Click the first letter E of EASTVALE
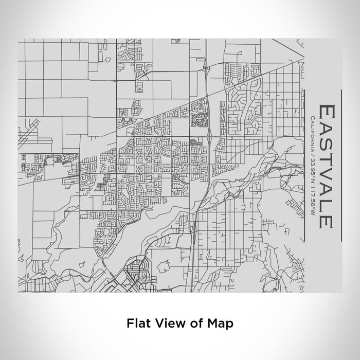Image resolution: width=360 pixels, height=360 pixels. tap(327, 112)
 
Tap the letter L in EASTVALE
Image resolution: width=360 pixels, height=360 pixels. tap(327, 205)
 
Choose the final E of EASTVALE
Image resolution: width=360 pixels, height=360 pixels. tap(327, 220)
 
